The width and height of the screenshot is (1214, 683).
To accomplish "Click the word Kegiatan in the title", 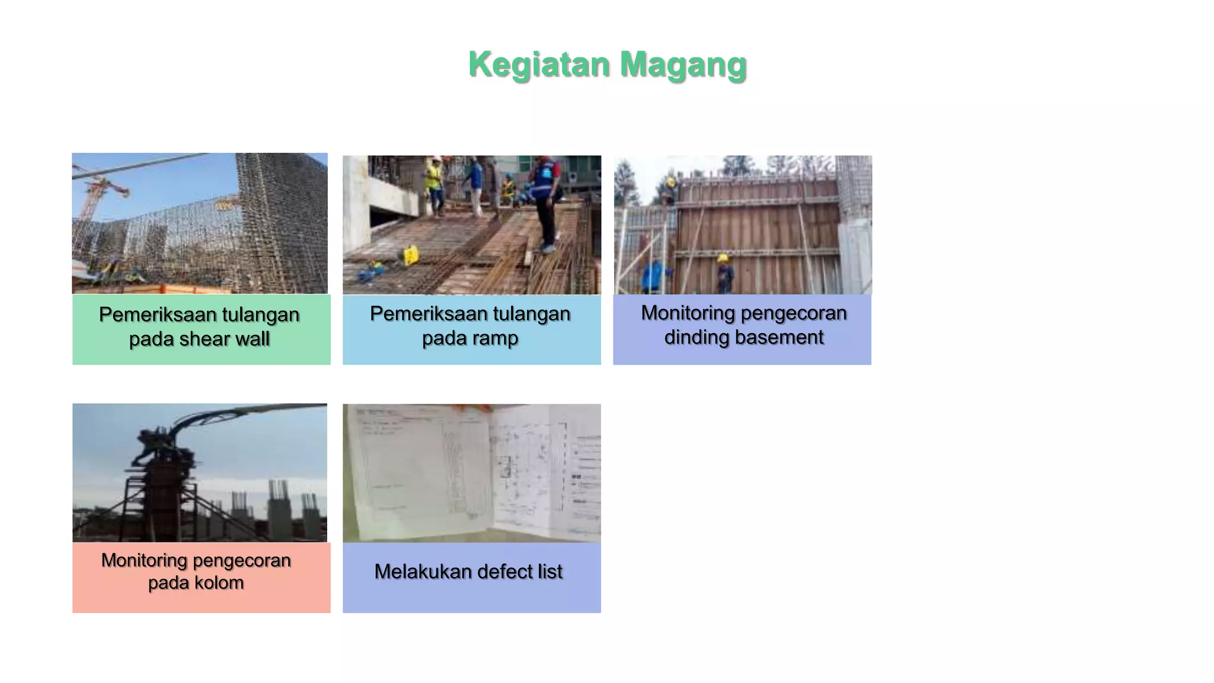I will [x=538, y=64].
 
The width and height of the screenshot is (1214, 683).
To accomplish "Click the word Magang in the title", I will [x=683, y=64].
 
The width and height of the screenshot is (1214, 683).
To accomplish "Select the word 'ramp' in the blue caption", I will [x=496, y=338].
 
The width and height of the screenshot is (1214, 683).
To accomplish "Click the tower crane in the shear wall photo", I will [x=95, y=196].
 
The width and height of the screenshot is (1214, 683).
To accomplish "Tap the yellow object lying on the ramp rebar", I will [x=410, y=255].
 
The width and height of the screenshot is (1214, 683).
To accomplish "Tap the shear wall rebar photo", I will [x=200, y=223].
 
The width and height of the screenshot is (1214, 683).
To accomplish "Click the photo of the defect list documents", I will [x=472, y=473].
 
